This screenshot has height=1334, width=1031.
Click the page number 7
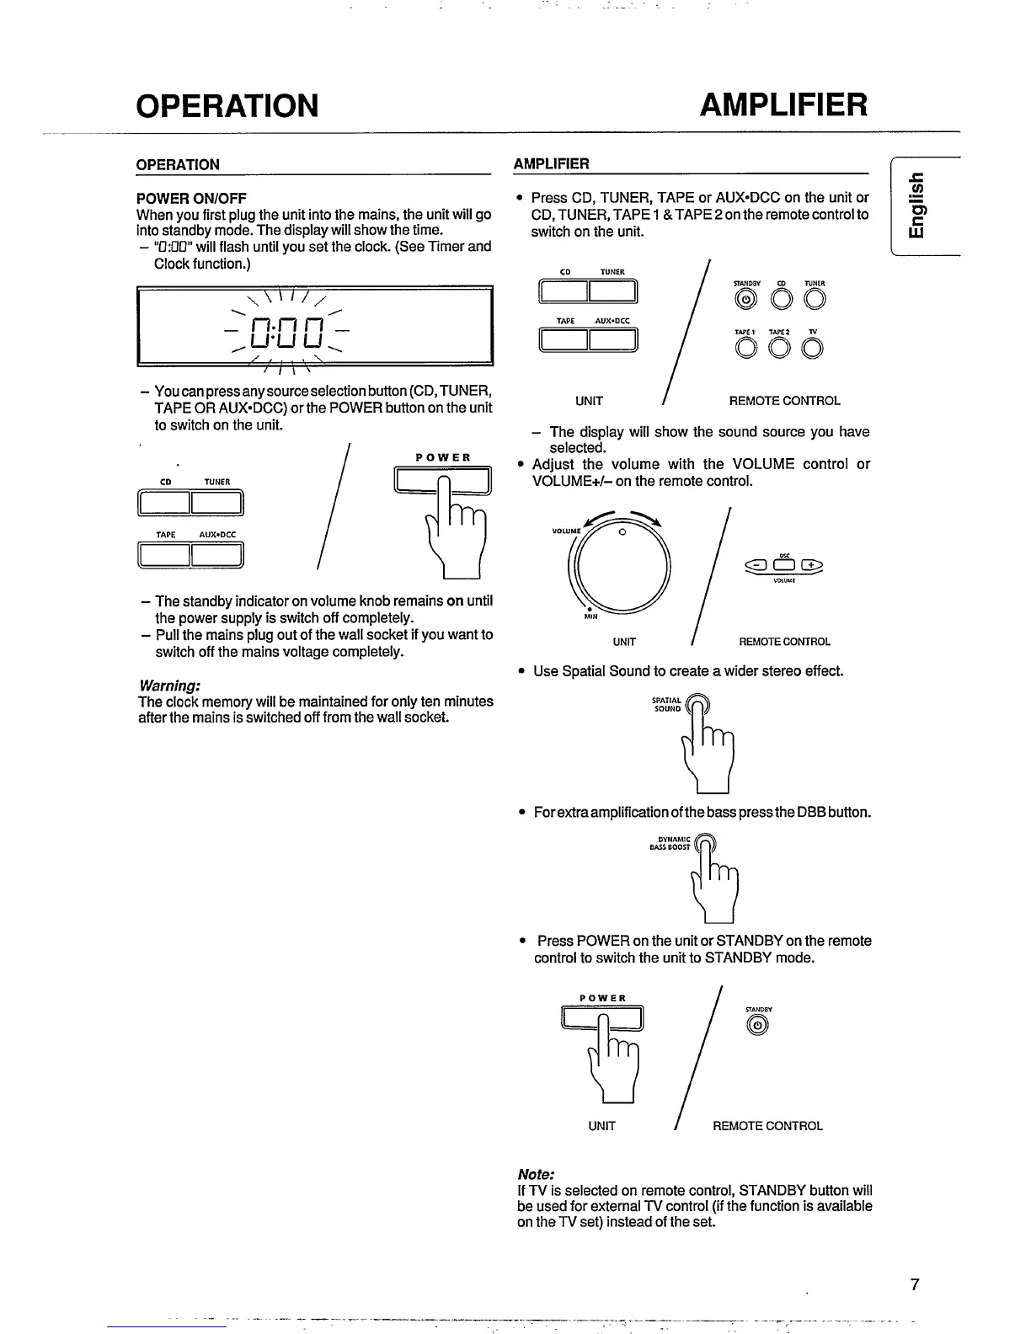coord(914,1284)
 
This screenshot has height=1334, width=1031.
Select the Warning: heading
coord(168,685)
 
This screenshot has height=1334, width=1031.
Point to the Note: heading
coord(536,1173)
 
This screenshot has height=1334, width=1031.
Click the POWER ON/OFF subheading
coord(191,199)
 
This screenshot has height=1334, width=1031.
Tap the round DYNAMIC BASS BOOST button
coord(704,843)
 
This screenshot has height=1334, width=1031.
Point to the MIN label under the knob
coord(590,616)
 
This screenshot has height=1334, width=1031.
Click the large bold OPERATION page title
coord(227,105)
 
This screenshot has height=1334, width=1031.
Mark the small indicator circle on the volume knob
coord(621,531)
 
